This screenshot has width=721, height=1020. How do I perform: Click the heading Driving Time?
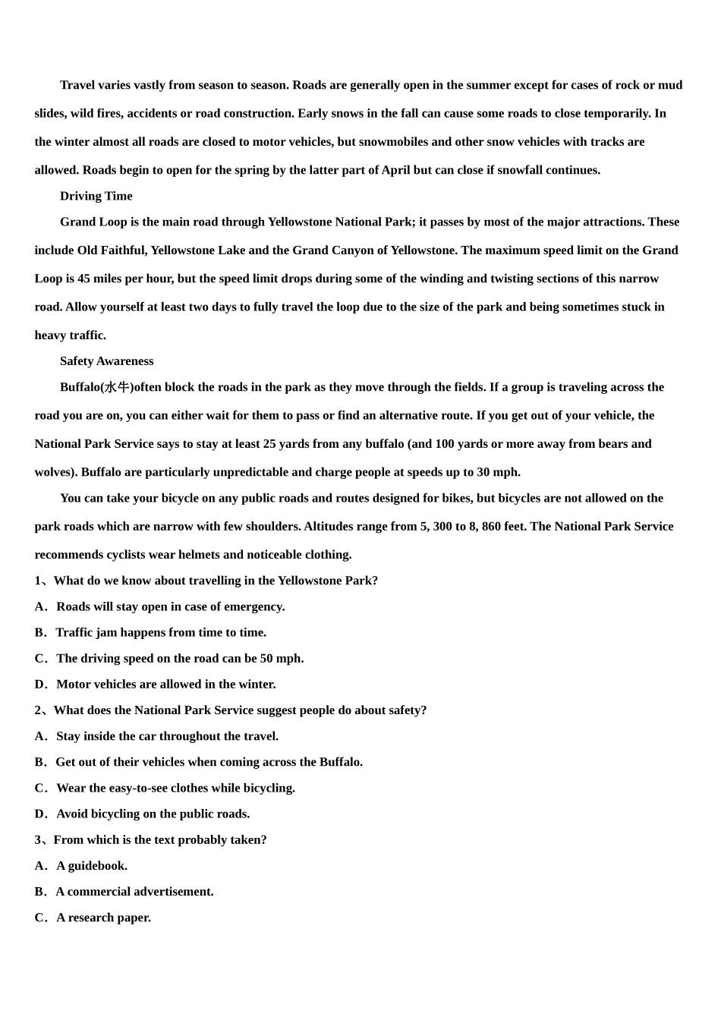coord(96,196)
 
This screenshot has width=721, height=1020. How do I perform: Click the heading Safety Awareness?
coord(106,361)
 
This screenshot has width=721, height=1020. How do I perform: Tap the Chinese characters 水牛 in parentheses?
coord(117,387)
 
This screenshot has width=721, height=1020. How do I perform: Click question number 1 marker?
coord(39,581)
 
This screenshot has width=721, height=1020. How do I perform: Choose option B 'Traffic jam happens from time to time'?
coord(161,632)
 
